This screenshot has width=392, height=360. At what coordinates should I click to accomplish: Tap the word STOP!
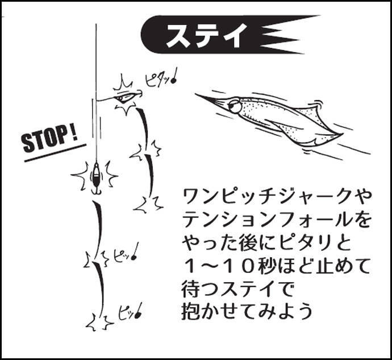[x=49, y=140]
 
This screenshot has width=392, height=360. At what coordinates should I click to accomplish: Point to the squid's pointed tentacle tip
[x=196, y=94]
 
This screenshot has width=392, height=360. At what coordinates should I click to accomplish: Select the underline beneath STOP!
[x=55, y=153]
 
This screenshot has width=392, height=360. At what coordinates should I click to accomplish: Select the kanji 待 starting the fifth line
[x=191, y=289]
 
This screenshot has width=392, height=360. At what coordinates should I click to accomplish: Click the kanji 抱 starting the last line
[x=191, y=312]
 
